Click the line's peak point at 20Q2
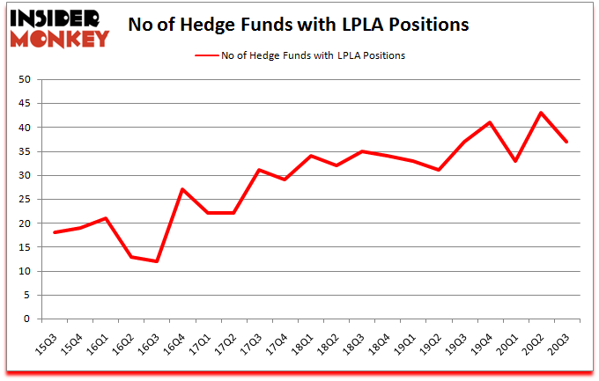[541, 113]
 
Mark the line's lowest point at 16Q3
[157, 261]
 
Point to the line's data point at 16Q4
[182, 189]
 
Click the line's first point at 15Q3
[55, 232]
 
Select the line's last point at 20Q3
[566, 142]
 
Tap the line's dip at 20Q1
[515, 161]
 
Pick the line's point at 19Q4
[490, 122]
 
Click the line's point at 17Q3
[259, 170]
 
